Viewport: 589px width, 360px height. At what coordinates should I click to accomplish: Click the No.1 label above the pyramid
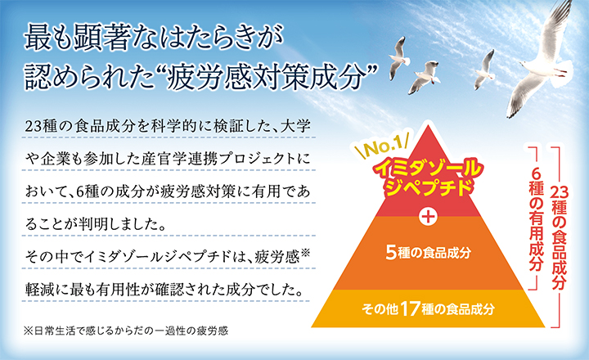pyautogui.click(x=381, y=146)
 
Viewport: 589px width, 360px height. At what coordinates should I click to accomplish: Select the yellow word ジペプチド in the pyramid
pyautogui.click(x=428, y=187)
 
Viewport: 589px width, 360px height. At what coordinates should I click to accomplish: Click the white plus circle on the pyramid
pyautogui.click(x=428, y=217)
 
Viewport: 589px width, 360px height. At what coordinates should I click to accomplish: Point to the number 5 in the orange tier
pyautogui.click(x=391, y=253)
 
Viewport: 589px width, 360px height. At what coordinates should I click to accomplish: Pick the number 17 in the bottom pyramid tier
pyautogui.click(x=410, y=309)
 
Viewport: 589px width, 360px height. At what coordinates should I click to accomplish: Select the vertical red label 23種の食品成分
pyautogui.click(x=560, y=238)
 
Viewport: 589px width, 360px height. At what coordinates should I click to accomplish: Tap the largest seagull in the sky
pyautogui.click(x=545, y=60)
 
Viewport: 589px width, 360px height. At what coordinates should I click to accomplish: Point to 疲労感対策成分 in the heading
pyautogui.click(x=266, y=79)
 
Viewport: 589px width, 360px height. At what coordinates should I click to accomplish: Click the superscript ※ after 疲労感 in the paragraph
pyautogui.click(x=305, y=252)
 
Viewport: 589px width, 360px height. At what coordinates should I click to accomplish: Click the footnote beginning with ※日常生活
pyautogui.click(x=126, y=331)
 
